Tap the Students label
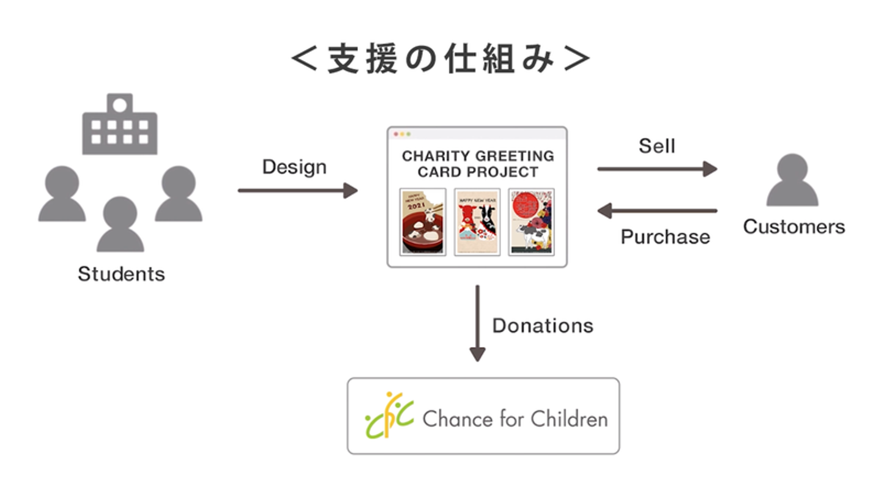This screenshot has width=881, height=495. pyautogui.click(x=121, y=273)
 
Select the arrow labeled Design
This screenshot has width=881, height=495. pyautogui.click(x=297, y=191)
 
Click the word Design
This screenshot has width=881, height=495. pyautogui.click(x=294, y=167)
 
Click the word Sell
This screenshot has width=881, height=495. pyautogui.click(x=657, y=145)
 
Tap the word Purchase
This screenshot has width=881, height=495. pyautogui.click(x=665, y=237)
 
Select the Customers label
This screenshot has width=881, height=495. pyautogui.click(x=794, y=227)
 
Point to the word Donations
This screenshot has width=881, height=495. pyautogui.click(x=543, y=325)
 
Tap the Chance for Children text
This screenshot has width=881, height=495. pyautogui.click(x=515, y=419)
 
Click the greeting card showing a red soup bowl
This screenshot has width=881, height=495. pyautogui.click(x=423, y=221)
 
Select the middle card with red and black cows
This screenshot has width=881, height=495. pyautogui.click(x=477, y=221)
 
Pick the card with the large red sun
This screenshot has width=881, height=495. pyautogui.click(x=531, y=221)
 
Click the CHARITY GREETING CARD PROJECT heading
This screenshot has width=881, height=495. pyautogui.click(x=477, y=164)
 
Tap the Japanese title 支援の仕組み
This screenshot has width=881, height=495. pyautogui.click(x=441, y=59)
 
